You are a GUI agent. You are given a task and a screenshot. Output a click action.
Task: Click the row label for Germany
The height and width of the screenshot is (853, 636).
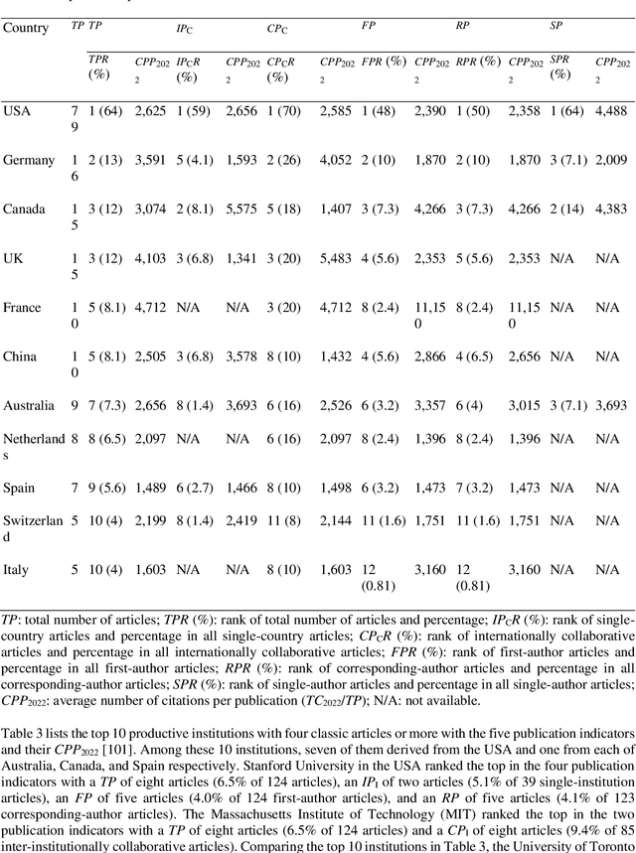[x=29, y=159]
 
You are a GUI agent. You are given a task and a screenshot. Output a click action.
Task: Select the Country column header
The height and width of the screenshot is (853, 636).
[x=26, y=27]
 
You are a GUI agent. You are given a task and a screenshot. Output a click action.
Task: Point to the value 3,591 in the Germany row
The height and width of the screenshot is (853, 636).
[x=153, y=159]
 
